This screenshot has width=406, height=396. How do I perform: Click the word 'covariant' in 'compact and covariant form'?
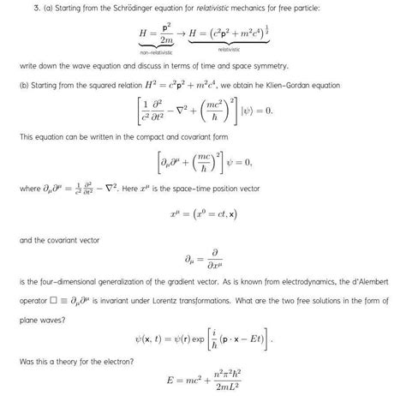click(x=170, y=136)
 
